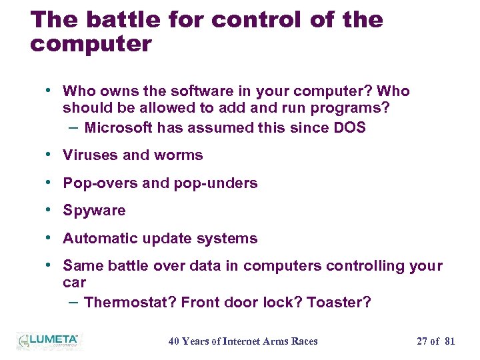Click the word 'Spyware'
coord(94,211)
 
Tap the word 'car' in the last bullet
coord(74,283)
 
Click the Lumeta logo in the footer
coord(48,341)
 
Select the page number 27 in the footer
coord(422,341)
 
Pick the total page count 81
coord(449,341)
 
